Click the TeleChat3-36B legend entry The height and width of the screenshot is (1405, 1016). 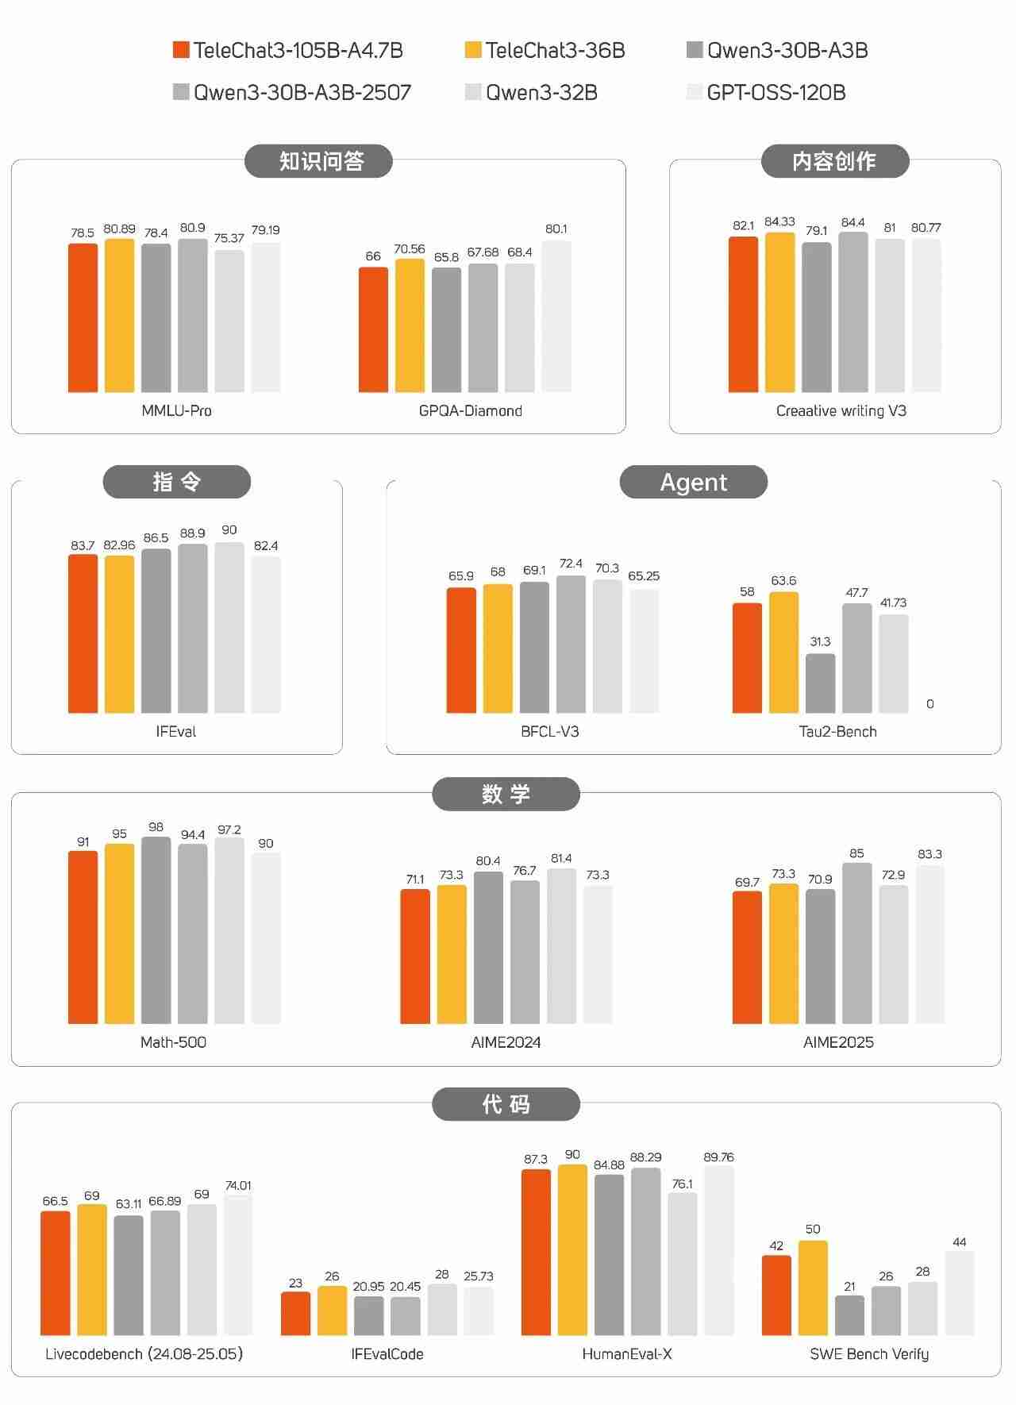[545, 51]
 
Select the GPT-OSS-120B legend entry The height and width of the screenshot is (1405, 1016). [766, 93]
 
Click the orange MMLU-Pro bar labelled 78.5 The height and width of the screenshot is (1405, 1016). [83, 318]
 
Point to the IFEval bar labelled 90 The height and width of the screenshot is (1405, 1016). [229, 627]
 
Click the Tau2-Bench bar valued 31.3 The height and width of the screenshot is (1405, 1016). [820, 683]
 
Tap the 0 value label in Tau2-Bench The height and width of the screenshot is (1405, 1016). [929, 704]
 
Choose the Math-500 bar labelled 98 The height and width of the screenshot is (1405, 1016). [156, 930]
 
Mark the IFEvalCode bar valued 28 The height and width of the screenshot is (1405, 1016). [442, 1309]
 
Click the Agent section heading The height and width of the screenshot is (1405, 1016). [693, 482]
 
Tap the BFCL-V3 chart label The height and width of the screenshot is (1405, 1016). [549, 731]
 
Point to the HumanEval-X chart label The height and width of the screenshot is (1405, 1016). [626, 1353]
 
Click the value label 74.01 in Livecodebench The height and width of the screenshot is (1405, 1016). [238, 1185]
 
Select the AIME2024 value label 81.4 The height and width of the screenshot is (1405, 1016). [561, 858]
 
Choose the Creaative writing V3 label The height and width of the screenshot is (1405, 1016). [841, 410]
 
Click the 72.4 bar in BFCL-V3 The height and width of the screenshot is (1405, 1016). [571, 644]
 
